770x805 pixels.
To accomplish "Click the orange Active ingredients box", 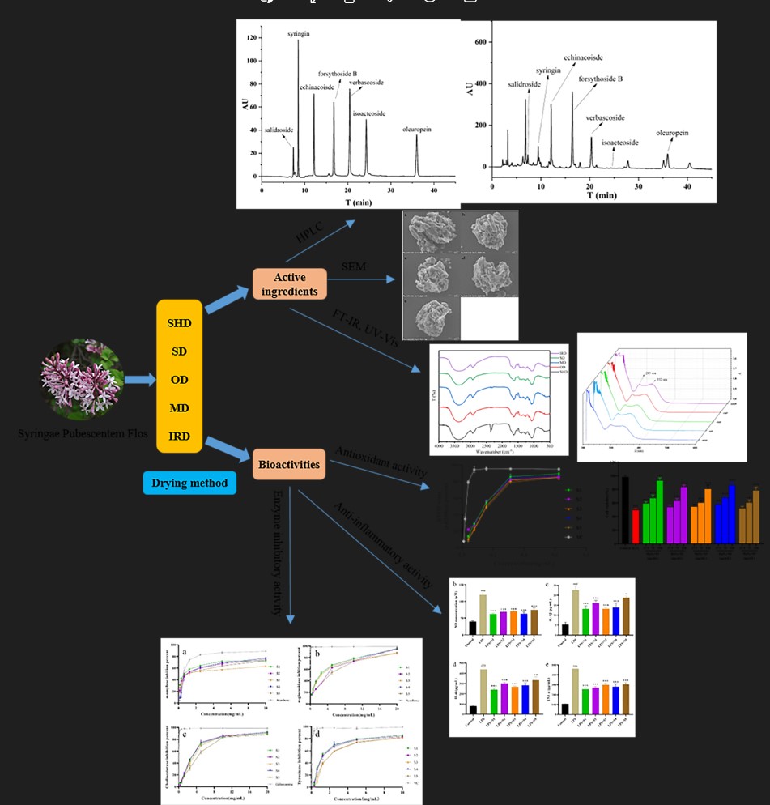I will (289, 283).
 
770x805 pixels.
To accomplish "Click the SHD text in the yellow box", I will (179, 323).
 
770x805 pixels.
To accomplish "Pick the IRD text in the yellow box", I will (179, 437).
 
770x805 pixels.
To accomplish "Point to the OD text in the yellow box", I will (179, 380).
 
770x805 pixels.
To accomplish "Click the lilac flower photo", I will (83, 380).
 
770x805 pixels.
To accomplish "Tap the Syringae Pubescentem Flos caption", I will (83, 434).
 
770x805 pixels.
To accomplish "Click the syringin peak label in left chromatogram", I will (299, 34).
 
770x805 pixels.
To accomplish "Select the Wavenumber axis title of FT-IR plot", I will (491, 452).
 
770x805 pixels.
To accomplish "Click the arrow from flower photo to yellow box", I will (139, 380).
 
